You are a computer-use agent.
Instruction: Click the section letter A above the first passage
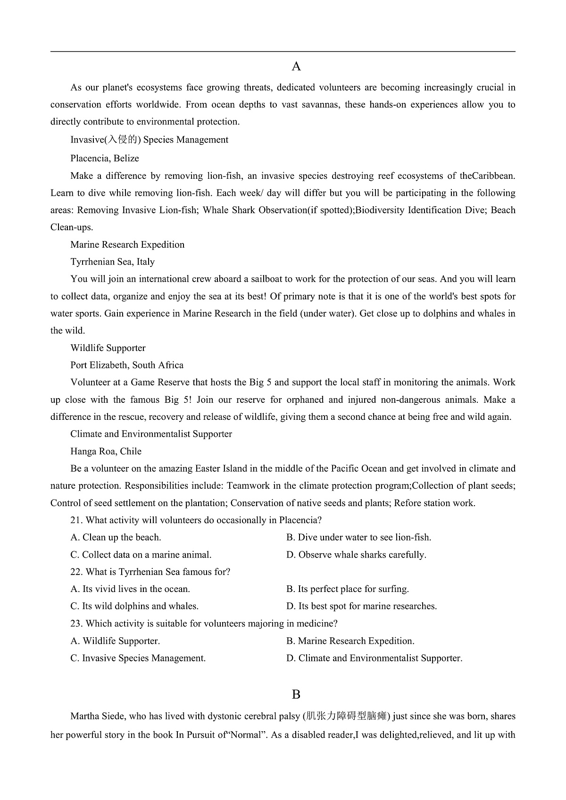point(296,67)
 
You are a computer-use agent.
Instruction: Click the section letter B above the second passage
point(296,694)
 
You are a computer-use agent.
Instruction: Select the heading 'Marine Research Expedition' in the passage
point(127,244)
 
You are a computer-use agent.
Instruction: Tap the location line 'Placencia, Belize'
point(105,158)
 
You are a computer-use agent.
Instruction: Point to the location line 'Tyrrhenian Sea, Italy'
point(112,262)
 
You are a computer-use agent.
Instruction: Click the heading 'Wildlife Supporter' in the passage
point(108,348)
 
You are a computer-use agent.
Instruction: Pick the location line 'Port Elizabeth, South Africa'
point(127,365)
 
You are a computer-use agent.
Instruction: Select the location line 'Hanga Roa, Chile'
point(106,451)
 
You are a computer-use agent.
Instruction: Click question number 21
point(77,520)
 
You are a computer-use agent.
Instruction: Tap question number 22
point(77,572)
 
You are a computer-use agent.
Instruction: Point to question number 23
point(77,624)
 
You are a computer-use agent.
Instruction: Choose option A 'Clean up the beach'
point(116,537)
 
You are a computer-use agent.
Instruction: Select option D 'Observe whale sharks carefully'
point(356,555)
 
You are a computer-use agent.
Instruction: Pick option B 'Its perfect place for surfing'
point(348,589)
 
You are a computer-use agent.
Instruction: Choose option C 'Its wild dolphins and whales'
point(134,606)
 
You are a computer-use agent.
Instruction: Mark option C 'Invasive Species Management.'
point(138,658)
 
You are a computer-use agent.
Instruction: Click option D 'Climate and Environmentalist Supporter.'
point(375,658)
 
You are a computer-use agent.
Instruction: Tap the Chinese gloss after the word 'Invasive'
point(122,140)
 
